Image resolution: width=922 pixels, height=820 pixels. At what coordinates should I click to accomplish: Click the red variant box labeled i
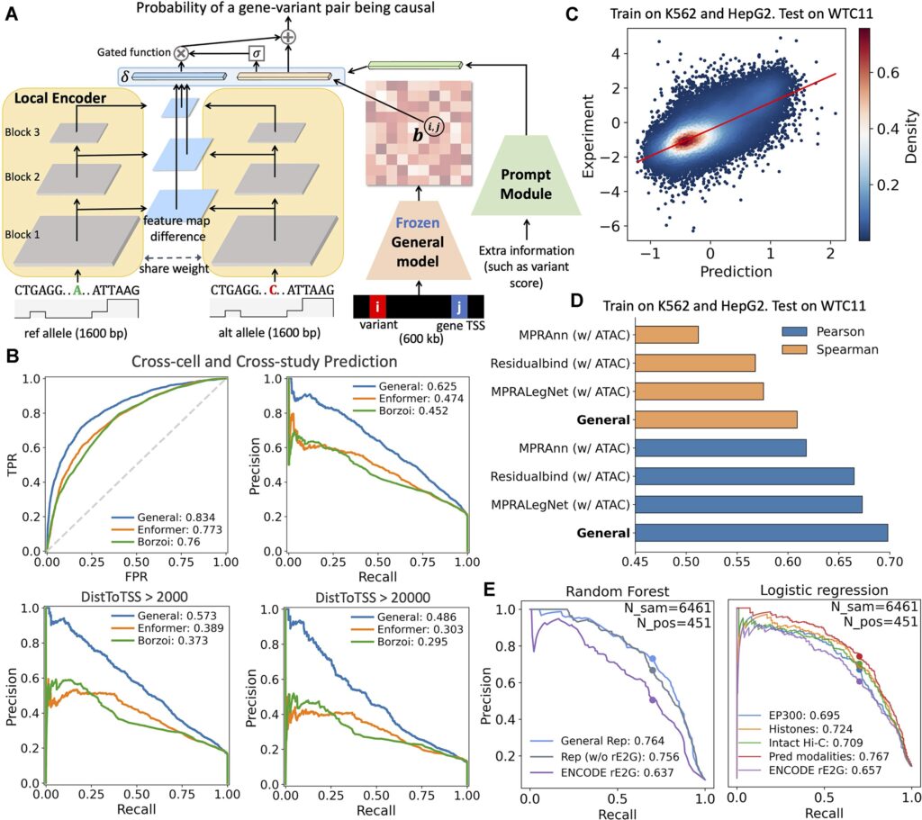(x=378, y=305)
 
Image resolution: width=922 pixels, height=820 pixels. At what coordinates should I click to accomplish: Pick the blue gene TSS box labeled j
(x=457, y=305)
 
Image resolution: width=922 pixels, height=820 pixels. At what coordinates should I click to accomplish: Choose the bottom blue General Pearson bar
(x=760, y=533)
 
